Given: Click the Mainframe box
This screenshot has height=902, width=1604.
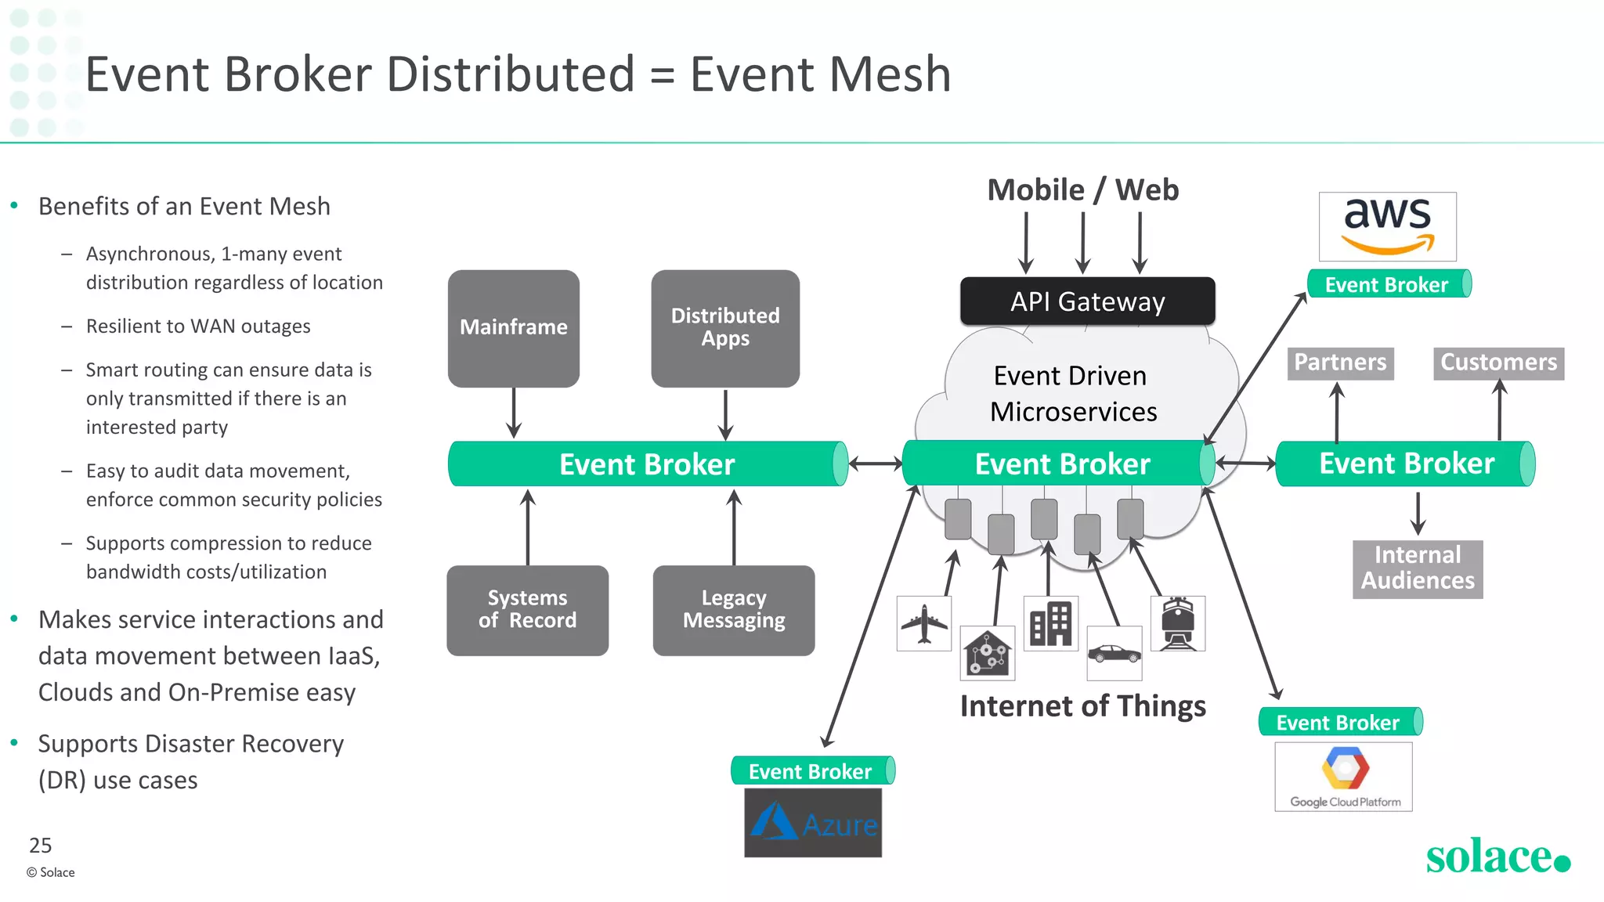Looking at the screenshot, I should (x=514, y=328).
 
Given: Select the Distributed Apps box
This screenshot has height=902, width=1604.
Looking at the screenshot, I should (x=725, y=328).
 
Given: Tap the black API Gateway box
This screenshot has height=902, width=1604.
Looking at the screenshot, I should (x=1087, y=301).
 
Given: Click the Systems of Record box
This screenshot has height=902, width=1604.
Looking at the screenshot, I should (x=527, y=610).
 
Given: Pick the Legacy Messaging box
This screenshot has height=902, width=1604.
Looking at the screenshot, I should (x=734, y=610).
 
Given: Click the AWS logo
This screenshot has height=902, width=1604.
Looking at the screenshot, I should (x=1387, y=226).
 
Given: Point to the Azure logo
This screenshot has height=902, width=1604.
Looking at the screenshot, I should (x=813, y=823).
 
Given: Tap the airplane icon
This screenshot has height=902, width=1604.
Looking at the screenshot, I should (x=924, y=624).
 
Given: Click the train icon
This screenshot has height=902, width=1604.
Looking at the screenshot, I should (x=1177, y=624).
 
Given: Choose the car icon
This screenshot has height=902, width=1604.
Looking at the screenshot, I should (x=1114, y=653).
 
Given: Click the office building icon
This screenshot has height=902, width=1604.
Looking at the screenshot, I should (x=1050, y=623).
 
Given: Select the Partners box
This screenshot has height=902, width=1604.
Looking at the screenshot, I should (x=1340, y=363).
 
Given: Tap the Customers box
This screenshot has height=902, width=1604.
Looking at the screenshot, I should (x=1498, y=363).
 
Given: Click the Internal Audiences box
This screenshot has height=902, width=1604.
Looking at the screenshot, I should (x=1418, y=569).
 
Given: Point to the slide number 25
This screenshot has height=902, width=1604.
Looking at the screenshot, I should (x=40, y=846).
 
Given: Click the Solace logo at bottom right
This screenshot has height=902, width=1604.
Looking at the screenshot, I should (x=1497, y=856).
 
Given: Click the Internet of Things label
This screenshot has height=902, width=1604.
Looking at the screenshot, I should (x=1082, y=706).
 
